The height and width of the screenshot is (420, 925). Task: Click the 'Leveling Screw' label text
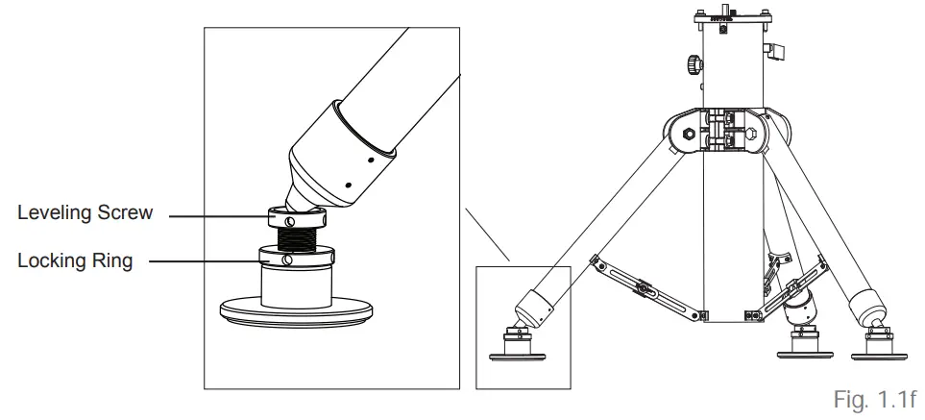coord(85,213)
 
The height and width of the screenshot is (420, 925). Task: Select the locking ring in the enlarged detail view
coord(295,258)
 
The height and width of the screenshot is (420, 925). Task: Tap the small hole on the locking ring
coord(287,260)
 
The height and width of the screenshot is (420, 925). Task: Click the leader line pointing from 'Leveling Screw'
coord(221,216)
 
